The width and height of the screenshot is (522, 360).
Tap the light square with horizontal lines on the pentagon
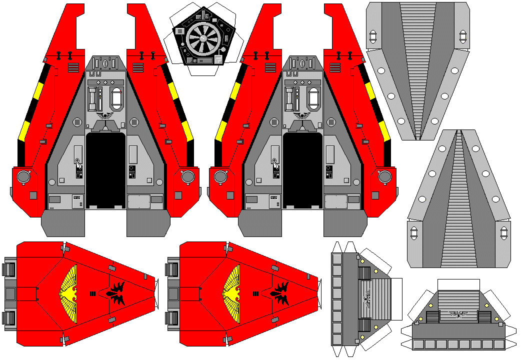[x=180, y=31]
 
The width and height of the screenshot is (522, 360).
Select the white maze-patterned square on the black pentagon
[x=218, y=59]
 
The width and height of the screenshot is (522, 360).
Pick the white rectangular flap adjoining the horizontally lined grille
[x=395, y=299]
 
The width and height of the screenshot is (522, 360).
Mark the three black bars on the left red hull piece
[x=92, y=293]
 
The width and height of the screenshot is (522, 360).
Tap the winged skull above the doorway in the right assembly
[x=302, y=115]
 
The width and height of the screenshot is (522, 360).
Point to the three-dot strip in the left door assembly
[x=105, y=82]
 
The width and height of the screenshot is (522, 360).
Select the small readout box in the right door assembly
[x=273, y=197]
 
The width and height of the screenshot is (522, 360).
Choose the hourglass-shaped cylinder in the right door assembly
[x=289, y=98]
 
